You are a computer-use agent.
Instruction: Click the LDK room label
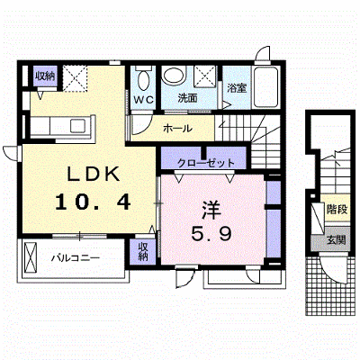94,174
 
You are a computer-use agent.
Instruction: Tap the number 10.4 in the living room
93,202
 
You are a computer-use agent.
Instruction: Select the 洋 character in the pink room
211,210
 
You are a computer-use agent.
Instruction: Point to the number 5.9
211,233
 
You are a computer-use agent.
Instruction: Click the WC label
143,100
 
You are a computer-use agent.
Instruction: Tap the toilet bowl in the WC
144,79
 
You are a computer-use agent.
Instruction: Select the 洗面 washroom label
187,98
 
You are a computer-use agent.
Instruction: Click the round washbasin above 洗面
174,75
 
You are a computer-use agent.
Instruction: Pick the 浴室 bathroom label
237,88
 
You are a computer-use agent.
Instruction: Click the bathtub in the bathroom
266,87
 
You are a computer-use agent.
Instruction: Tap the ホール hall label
177,129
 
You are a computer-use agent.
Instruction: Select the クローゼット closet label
206,163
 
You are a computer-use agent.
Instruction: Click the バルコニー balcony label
76,258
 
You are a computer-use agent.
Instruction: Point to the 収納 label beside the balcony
143,251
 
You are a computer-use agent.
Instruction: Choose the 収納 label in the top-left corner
45,76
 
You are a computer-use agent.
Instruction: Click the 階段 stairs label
337,209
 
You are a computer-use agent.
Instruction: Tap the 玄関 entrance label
337,240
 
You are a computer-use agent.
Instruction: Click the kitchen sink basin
77,126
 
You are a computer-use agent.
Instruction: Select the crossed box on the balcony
30,257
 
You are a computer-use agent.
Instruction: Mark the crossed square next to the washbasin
205,76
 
